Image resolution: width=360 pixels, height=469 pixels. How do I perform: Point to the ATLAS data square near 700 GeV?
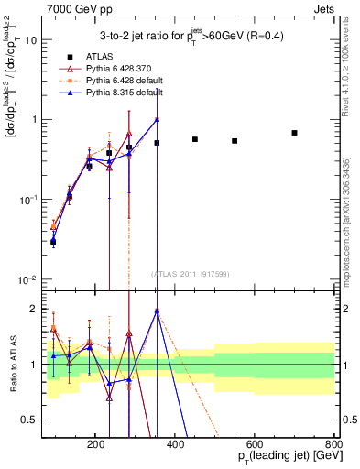pos(294,133)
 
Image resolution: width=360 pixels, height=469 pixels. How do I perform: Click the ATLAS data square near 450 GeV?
pos(195,139)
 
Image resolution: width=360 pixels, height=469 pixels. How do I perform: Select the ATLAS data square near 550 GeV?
pos(235,141)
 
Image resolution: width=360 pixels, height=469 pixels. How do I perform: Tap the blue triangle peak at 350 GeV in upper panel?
pos(157,119)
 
